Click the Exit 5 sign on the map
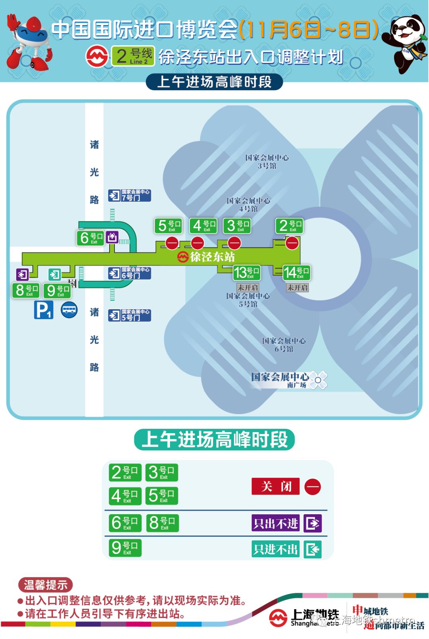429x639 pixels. click(x=168, y=226)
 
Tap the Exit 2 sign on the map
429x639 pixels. click(x=289, y=226)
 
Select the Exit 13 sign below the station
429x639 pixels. click(x=246, y=273)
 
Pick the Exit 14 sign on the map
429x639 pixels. click(x=296, y=273)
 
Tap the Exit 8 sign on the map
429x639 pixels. click(x=26, y=290)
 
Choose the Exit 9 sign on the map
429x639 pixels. click(x=57, y=290)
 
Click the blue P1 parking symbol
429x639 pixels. click(x=44, y=310)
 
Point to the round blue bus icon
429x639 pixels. click(x=69, y=310)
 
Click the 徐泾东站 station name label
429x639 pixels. click(x=207, y=257)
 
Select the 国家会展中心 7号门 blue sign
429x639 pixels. click(x=130, y=196)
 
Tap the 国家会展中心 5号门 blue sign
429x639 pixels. click(x=130, y=315)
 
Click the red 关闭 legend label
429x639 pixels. click(x=276, y=486)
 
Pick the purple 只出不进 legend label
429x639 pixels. click(x=276, y=523)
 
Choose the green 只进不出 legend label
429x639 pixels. click(x=276, y=549)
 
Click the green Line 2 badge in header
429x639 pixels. click(x=133, y=56)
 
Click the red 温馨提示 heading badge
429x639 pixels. click(x=45, y=585)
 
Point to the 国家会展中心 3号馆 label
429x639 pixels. click(x=267, y=162)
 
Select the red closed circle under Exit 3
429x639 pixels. click(x=234, y=242)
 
